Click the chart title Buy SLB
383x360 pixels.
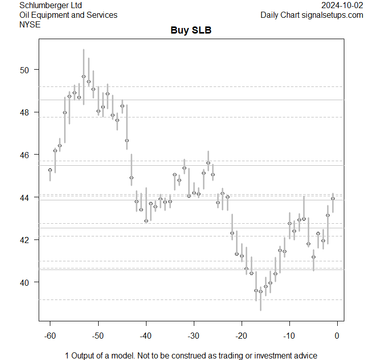click(191, 31)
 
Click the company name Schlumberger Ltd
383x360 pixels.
click(50, 5)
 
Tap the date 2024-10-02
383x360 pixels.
click(342, 5)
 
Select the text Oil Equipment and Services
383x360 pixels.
click(68, 15)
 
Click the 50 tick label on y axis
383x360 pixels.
click(25, 70)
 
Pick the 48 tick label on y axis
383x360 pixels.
click(25, 112)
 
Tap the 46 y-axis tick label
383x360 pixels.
click(25, 155)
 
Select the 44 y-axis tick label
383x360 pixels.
click(25, 197)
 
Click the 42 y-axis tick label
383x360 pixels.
click(25, 239)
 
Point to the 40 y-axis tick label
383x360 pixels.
click(25, 282)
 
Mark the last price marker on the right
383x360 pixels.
click(333, 198)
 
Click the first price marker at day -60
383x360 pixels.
click(50, 170)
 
